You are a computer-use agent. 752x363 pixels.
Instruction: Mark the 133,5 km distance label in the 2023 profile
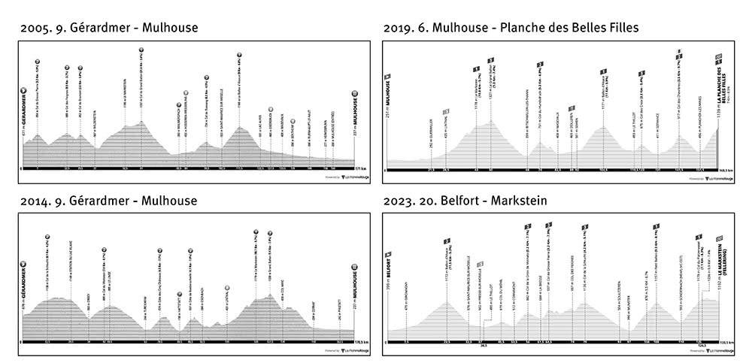(723, 342)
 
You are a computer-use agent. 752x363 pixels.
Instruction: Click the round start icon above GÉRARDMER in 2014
(25, 264)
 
